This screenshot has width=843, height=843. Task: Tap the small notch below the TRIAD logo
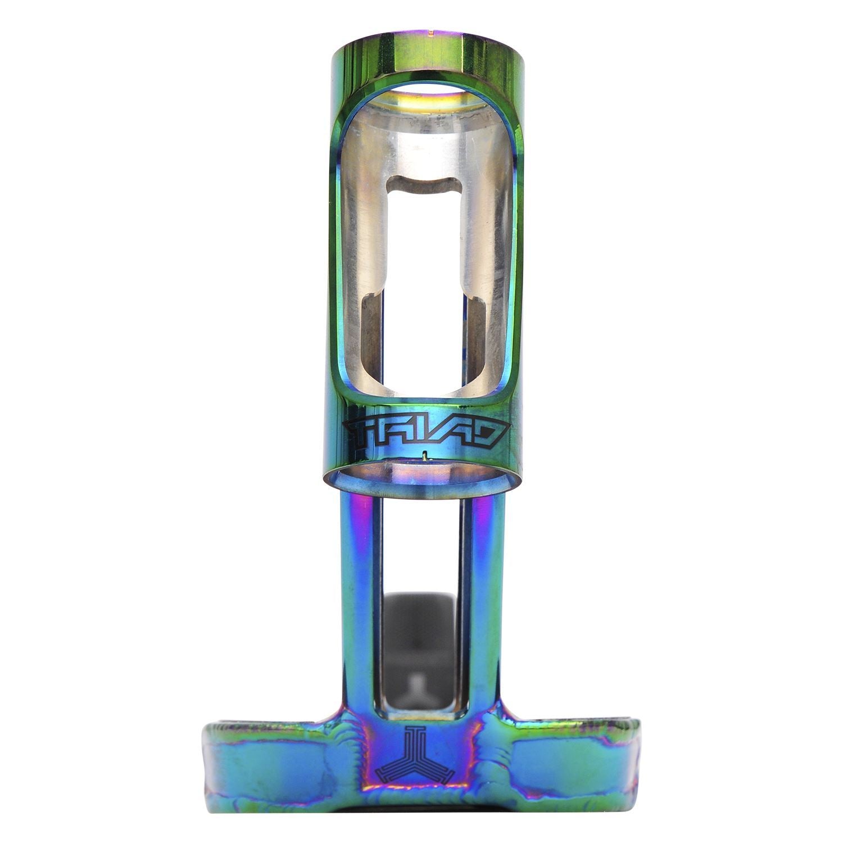pyautogui.click(x=426, y=455)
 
